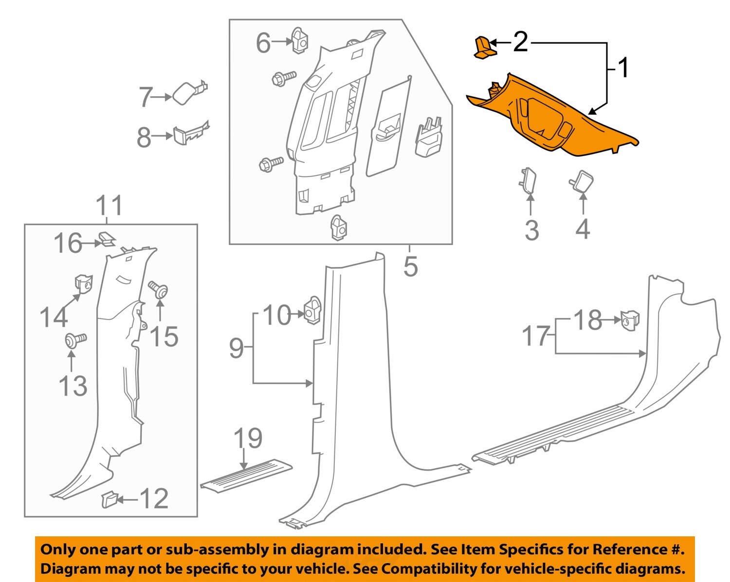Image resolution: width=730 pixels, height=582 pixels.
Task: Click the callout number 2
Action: pos(520,42)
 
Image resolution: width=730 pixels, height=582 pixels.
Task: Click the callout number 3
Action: pos(531,230)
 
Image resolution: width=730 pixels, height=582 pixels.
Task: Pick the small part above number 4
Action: pos(579,182)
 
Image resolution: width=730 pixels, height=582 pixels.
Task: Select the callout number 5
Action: pos(410,266)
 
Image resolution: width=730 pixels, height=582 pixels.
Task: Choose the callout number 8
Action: pos(144,138)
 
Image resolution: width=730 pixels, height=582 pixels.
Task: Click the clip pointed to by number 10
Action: pos(312,310)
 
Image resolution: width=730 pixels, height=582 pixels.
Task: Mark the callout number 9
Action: pos(236,348)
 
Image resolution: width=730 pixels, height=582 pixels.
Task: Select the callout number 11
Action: pos(109,206)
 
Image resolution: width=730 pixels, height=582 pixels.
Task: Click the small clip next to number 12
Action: pos(109,499)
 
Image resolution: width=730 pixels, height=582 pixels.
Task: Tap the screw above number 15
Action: pos(159,290)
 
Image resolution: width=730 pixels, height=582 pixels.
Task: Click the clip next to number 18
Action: pos(630,320)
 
